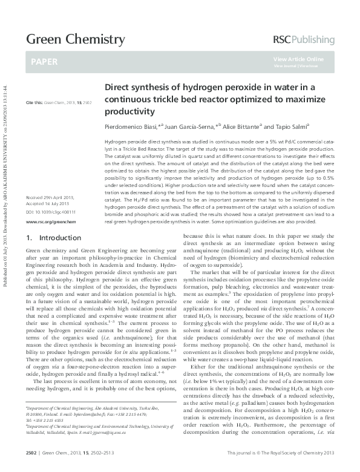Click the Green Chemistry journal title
75,40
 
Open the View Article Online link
298,59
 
